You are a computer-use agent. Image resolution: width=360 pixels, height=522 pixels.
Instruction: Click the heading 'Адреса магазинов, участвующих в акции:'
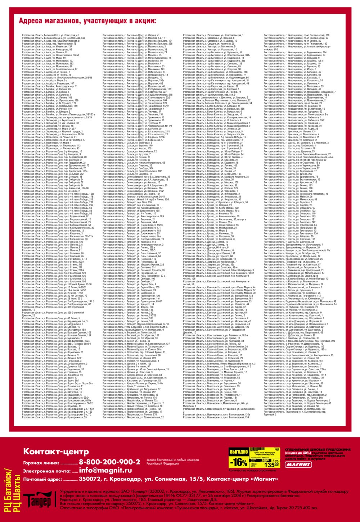(87, 21)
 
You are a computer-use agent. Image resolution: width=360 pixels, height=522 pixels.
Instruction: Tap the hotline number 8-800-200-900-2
(109, 462)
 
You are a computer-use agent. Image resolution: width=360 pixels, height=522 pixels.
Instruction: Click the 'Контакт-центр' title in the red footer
(56, 451)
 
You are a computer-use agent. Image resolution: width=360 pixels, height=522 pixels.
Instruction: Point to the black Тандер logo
(37, 500)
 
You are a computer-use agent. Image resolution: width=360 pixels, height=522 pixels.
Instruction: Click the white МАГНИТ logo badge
(298, 464)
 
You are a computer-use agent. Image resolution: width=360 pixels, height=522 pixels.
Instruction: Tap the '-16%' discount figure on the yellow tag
(239, 462)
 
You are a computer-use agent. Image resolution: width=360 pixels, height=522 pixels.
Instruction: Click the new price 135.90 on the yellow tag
(271, 465)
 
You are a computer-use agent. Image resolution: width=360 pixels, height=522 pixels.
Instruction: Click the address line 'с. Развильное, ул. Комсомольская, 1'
(213, 35)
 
